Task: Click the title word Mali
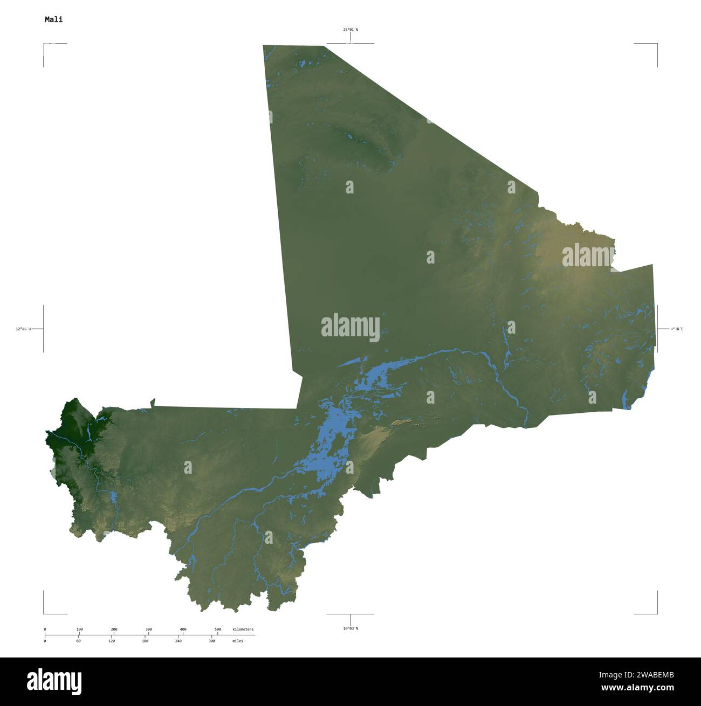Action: pyautogui.click(x=53, y=19)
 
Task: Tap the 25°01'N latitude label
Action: pyautogui.click(x=350, y=30)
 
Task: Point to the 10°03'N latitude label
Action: pyautogui.click(x=350, y=628)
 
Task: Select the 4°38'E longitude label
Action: pyautogui.click(x=676, y=329)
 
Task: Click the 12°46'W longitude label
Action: pyautogui.click(x=23, y=329)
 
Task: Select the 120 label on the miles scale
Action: pyautogui.click(x=112, y=641)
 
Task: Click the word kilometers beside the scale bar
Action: pyautogui.click(x=243, y=629)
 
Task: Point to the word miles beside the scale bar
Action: pyautogui.click(x=238, y=641)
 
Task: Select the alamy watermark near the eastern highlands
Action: pyautogui.click(x=588, y=256)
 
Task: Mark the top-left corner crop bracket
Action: pyautogui.click(x=44, y=44)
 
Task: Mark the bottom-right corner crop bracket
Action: pyautogui.click(x=657, y=613)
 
